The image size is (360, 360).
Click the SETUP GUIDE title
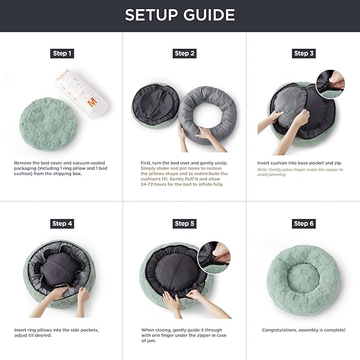pos(180,15)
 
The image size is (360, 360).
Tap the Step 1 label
pos(62,54)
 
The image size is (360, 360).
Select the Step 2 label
pos(185,54)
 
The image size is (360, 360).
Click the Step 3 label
pos(303,54)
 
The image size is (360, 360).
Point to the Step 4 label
pos(62,224)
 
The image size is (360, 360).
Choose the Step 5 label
pos(185,224)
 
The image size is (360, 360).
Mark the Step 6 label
pos(303,224)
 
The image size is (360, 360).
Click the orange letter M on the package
pos(93,102)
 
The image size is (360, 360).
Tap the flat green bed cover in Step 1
pos(48,124)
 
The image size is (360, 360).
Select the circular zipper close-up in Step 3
pos(330,84)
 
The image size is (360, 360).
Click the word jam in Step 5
pos(152,341)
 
